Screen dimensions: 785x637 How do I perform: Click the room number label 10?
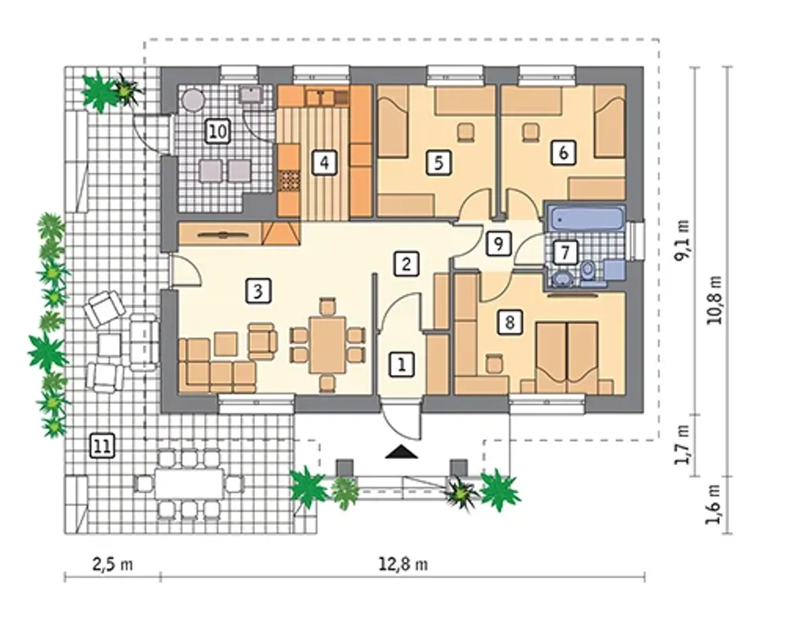coord(218,132)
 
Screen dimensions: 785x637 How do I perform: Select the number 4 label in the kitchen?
coord(324,162)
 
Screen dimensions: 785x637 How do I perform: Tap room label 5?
coord(438,162)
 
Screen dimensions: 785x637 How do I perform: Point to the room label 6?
coord(563,153)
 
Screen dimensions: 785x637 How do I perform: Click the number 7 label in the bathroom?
coord(565,253)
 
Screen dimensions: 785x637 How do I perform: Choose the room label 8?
coord(510,322)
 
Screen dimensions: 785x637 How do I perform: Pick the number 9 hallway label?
coord(499,243)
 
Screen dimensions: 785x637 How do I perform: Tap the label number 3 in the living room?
coord(258,291)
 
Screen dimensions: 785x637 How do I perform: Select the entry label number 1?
coord(402,365)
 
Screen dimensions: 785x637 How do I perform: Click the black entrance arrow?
coord(402,452)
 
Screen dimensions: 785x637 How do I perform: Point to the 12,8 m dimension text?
coord(404,565)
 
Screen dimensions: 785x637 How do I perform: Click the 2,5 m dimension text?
coord(112,565)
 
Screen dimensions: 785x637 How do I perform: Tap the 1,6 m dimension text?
coord(713,504)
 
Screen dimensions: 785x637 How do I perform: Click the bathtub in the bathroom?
coord(586,219)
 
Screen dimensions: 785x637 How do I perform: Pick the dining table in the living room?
coord(327,345)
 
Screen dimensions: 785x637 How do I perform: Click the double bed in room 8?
coord(567,357)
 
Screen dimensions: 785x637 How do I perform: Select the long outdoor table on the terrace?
coord(190,483)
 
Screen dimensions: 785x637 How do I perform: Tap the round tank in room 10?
coord(193,99)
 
